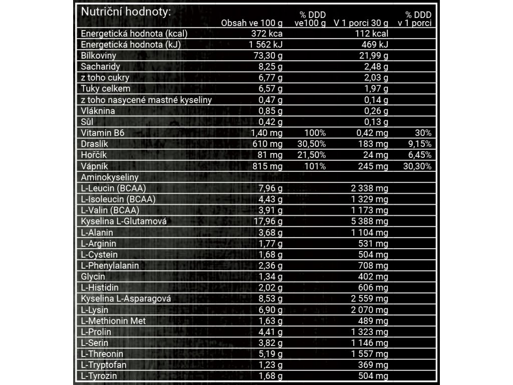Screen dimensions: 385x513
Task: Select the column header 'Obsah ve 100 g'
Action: tap(251, 23)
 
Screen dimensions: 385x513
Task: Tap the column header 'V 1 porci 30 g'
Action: tap(361, 23)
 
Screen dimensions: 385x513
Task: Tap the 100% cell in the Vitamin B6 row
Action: tap(315, 133)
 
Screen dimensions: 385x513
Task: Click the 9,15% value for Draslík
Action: tap(419, 144)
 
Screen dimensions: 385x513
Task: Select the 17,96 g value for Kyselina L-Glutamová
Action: tap(268, 222)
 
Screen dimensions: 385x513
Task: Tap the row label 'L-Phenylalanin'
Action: tap(110, 266)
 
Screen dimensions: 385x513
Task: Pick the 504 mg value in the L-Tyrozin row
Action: tap(374, 376)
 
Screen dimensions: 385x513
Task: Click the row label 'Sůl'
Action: tap(88, 122)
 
